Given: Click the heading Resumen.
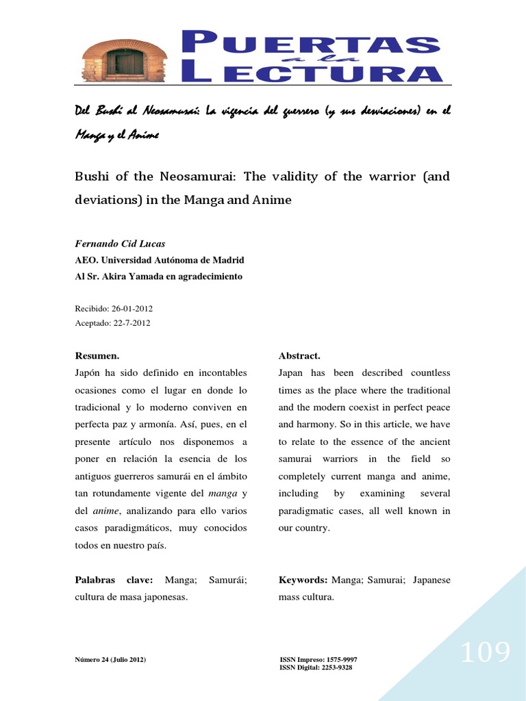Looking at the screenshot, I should click(97, 356).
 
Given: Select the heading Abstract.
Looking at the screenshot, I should click(299, 356).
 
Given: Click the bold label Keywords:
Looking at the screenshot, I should click(303, 580).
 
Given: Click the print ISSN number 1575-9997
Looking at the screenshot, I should click(340, 660).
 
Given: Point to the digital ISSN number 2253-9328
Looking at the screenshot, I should click(336, 667).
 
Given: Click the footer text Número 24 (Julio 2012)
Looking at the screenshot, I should click(110, 660).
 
